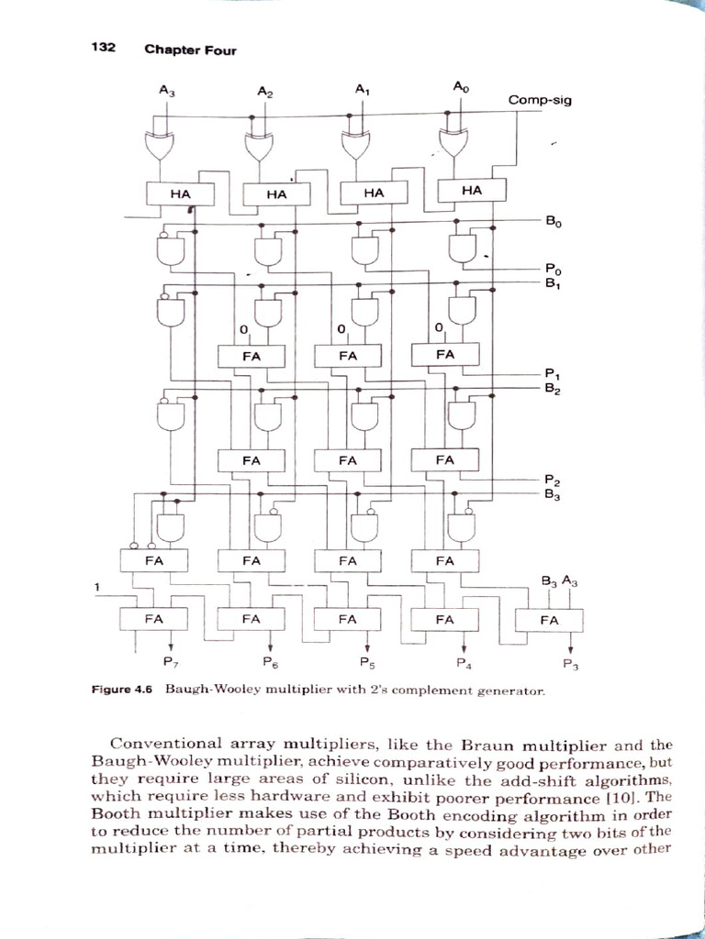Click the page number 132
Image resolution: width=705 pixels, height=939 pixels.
(102, 48)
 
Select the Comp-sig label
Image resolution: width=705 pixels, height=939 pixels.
(540, 100)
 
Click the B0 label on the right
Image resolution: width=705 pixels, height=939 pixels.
(553, 221)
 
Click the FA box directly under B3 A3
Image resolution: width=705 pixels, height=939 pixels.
(549, 620)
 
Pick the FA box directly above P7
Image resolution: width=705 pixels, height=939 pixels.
(154, 619)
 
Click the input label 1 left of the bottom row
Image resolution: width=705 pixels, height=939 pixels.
(98, 587)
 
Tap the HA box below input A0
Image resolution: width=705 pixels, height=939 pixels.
(472, 190)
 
